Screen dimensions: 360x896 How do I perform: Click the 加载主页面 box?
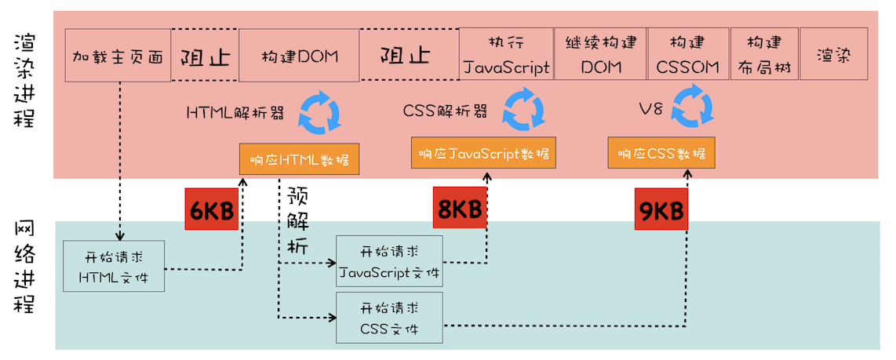[118, 56]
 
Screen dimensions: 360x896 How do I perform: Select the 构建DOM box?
[299, 56]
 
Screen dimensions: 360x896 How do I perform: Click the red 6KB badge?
[211, 209]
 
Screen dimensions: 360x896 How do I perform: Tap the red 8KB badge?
[459, 209]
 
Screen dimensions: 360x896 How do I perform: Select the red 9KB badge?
[661, 209]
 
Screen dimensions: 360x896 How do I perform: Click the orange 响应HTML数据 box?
[300, 160]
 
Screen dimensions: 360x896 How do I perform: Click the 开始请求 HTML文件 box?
[114, 267]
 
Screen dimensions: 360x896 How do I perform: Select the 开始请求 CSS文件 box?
[389, 317]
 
